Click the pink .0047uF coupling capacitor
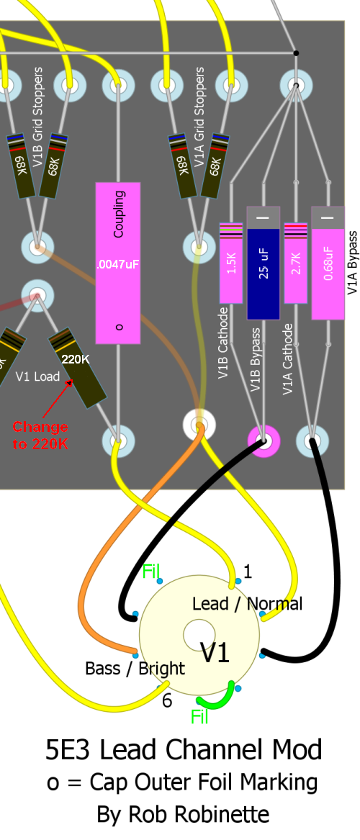[x=118, y=263]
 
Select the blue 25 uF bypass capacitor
[x=263, y=263]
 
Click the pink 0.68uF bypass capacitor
[x=328, y=263]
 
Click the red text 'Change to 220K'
[x=40, y=435]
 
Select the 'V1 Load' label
[x=37, y=376]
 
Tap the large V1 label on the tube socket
[x=215, y=653]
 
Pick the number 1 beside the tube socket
[x=247, y=572]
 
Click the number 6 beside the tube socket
[x=167, y=700]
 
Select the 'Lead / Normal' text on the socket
[x=247, y=605]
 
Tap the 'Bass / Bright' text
[x=135, y=669]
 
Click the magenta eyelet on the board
[x=264, y=441]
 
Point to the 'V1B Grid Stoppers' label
[x=37, y=117]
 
